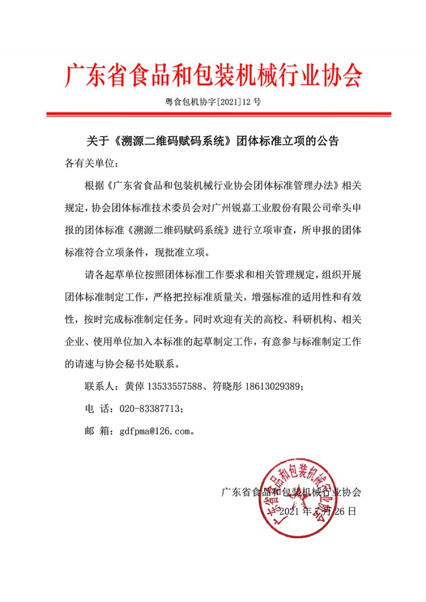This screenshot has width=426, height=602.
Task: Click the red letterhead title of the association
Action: point(213,76)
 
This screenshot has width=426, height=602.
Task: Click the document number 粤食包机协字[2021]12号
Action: point(213,102)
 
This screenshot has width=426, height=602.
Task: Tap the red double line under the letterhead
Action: point(218,114)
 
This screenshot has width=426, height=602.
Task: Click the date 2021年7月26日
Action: point(317,512)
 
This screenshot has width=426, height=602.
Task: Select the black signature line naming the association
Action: point(291,492)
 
